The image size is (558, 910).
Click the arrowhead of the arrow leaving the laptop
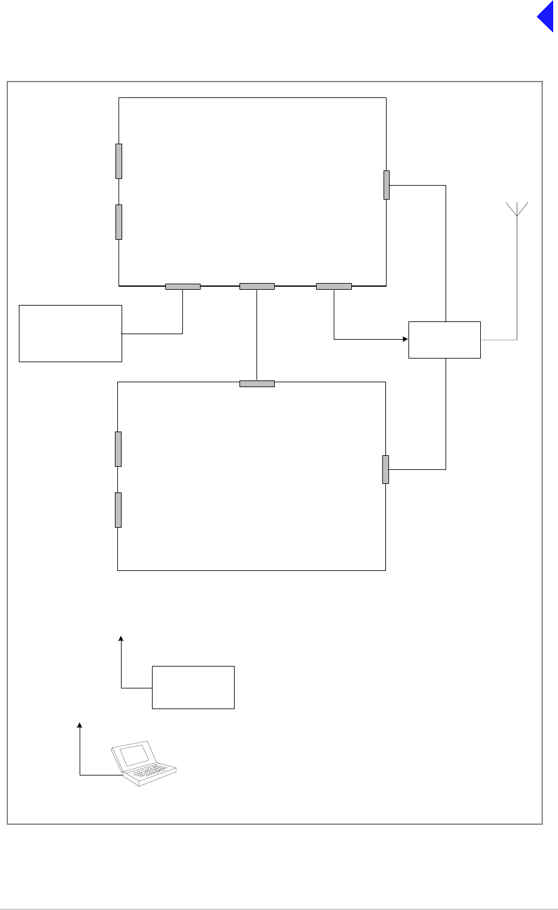[x=80, y=725]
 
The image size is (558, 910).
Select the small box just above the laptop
[x=193, y=687]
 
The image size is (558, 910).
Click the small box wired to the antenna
[x=444, y=340]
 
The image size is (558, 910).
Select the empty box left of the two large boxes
[x=71, y=334]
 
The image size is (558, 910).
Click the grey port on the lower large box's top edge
[x=257, y=383]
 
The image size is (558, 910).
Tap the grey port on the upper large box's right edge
[x=387, y=185]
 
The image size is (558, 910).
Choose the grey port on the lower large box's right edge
[x=385, y=469]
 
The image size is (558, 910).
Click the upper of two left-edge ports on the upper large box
[x=119, y=161]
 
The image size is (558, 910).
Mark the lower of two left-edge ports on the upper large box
[x=119, y=222]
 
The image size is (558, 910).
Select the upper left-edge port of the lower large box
[x=119, y=449]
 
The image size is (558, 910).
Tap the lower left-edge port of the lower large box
[x=119, y=510]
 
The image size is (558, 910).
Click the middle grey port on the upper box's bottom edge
[x=257, y=286]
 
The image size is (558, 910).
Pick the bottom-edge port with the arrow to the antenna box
[x=334, y=286]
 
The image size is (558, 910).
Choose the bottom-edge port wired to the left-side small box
[x=183, y=286]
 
